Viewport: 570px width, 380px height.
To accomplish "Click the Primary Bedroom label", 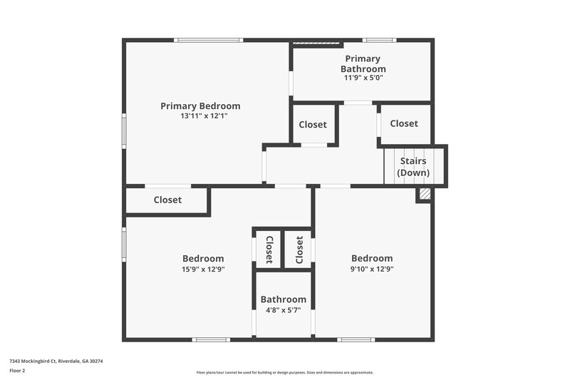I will coord(200,106).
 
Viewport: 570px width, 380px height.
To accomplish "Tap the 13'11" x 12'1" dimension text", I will coord(200,115).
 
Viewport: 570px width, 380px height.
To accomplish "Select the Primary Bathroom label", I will coord(363,63).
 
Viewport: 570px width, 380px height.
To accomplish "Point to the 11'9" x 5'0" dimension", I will coord(363,78).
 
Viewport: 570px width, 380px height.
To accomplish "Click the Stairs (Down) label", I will coord(413,167).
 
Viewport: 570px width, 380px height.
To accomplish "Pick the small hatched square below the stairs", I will coord(425,193).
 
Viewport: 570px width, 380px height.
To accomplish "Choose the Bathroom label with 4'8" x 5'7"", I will coord(283,299).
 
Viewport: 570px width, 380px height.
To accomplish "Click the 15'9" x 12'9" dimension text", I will coord(203,269).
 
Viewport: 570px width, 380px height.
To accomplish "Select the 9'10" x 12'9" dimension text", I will coord(372,269).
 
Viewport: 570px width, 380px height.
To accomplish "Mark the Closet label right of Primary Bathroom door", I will coord(404,123).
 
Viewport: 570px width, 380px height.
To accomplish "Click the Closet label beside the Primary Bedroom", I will coord(313,125).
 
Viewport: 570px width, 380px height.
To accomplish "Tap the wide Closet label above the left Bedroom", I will coord(167,200).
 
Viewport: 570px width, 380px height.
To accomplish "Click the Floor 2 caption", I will coord(17,371).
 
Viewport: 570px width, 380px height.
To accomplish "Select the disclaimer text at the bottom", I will coord(285,372).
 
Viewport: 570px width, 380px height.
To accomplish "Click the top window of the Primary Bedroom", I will coord(209,40).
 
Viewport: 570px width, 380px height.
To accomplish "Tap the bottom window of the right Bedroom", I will coord(356,339).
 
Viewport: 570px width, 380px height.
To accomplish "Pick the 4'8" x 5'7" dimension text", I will coord(283,311).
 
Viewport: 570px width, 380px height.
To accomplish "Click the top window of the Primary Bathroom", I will coord(378,40).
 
